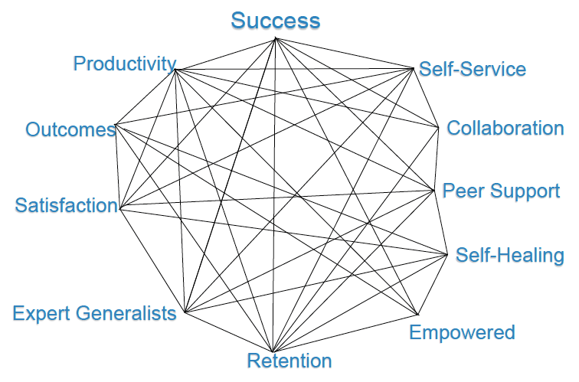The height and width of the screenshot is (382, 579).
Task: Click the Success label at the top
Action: click(276, 20)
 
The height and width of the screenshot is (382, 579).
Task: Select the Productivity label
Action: click(125, 64)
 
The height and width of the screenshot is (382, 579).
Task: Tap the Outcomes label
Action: click(70, 129)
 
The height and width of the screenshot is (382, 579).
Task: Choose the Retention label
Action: click(289, 361)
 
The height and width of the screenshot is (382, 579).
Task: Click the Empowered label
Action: click(462, 332)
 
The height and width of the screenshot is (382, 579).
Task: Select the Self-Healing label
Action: click(510, 255)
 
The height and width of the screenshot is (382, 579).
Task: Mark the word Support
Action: click(525, 191)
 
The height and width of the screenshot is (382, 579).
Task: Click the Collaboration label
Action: click(505, 128)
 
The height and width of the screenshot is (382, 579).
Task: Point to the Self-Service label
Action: click(473, 70)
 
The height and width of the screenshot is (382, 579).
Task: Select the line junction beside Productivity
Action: click(176, 70)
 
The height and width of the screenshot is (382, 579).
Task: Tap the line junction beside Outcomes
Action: click(116, 124)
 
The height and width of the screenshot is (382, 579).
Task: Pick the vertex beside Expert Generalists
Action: click(184, 311)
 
